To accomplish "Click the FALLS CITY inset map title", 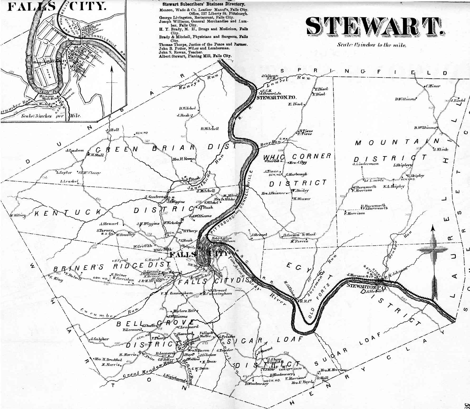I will coord(57,6).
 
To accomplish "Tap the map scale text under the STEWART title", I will coord(372,45).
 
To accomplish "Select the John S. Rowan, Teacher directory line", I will coord(181,52).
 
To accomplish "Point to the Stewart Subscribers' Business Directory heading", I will coord(204,4).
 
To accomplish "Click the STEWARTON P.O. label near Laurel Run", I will coord(277,97).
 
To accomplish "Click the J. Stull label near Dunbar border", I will coord(113,130).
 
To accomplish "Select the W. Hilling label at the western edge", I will coord(18,215).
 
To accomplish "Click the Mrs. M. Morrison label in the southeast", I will coord(333,370).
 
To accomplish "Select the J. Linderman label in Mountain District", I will coord(365,164).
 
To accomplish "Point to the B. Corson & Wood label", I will coord(299,235).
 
